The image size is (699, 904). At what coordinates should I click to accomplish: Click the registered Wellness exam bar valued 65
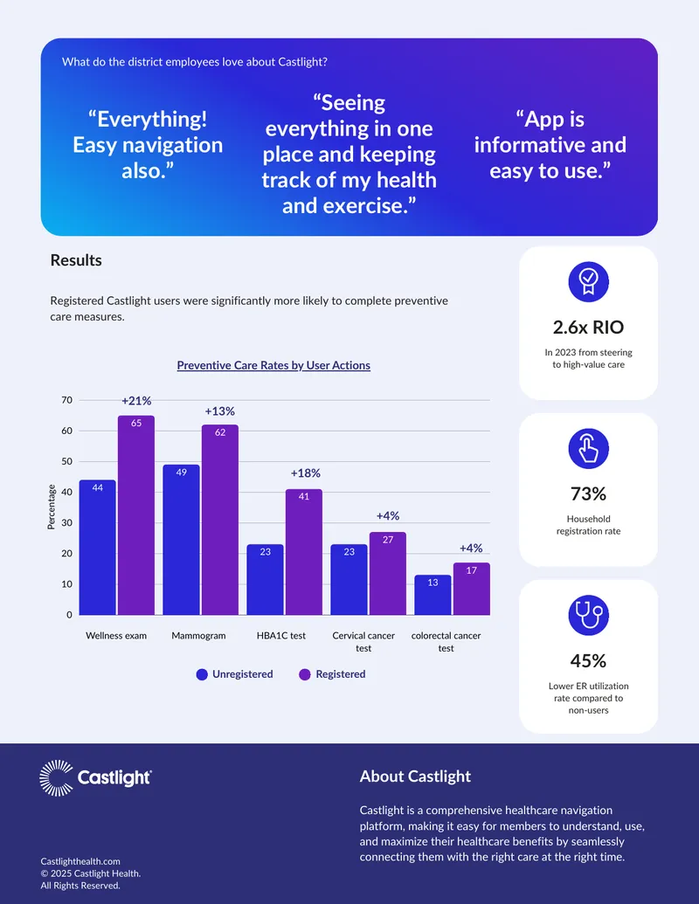click(x=136, y=514)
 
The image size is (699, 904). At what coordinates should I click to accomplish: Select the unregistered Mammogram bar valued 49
click(x=181, y=540)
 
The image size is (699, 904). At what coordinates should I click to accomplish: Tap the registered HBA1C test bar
click(x=304, y=552)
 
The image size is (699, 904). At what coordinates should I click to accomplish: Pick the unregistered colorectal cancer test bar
click(x=433, y=595)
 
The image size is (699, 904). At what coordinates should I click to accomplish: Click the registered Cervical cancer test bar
click(x=388, y=573)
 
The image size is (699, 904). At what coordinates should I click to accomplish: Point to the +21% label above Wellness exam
click(x=136, y=401)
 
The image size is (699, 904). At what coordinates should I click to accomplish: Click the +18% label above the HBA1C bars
click(x=305, y=473)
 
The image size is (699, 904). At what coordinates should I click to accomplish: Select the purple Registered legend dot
click(x=305, y=674)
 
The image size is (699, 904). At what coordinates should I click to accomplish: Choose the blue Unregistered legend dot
click(x=202, y=674)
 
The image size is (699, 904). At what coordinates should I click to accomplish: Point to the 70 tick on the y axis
click(x=67, y=400)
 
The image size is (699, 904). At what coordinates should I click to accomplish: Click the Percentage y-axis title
click(x=52, y=507)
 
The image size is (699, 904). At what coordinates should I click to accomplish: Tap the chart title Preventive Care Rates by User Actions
click(x=273, y=365)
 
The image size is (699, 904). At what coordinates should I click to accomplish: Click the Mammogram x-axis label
click(x=198, y=635)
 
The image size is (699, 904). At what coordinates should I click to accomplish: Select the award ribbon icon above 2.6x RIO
click(x=588, y=282)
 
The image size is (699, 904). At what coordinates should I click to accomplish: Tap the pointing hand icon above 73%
click(x=588, y=449)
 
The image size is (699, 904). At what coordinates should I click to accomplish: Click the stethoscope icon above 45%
click(x=588, y=615)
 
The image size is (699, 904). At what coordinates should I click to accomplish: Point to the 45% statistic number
click(x=588, y=660)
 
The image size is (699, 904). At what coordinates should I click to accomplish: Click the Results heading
click(x=76, y=260)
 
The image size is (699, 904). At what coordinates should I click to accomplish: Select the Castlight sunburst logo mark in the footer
click(x=57, y=777)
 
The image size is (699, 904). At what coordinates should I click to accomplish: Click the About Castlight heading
click(x=415, y=776)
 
